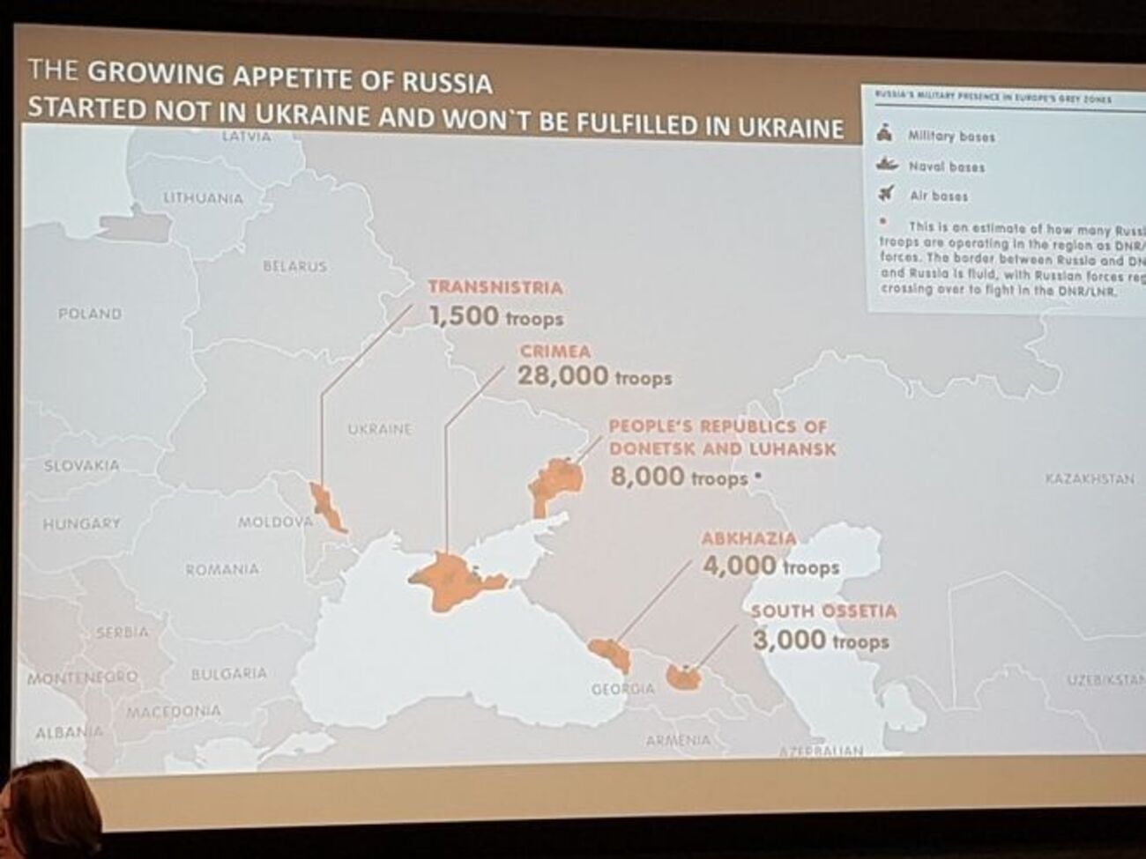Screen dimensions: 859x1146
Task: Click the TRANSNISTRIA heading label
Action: coord(495,287)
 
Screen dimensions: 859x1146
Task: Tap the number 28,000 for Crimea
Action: coord(562,376)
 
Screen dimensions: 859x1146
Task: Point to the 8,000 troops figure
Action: coord(647,477)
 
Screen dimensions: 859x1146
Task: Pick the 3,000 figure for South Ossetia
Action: coord(790,641)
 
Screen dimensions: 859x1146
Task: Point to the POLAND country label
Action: coord(89,314)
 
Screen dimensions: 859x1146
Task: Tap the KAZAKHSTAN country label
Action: coord(1089,479)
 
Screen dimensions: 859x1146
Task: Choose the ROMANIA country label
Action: coord(222,570)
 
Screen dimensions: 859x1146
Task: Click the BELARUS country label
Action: coord(294,266)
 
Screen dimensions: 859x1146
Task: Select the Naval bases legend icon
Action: coord(885,165)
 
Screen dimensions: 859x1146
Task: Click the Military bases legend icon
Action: coord(885,135)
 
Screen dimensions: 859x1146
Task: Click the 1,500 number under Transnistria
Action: coord(464,315)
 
